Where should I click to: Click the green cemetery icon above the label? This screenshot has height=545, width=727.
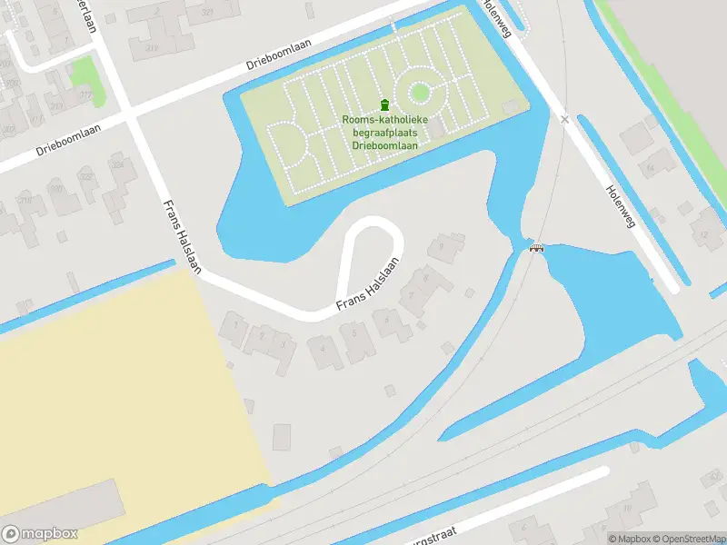383,104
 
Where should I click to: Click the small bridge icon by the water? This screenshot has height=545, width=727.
537,247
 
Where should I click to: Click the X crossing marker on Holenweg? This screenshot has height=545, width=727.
564,119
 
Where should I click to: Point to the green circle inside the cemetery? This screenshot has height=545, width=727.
420,92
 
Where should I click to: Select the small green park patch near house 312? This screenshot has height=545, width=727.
83,69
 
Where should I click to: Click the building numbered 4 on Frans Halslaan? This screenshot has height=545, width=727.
322,348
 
